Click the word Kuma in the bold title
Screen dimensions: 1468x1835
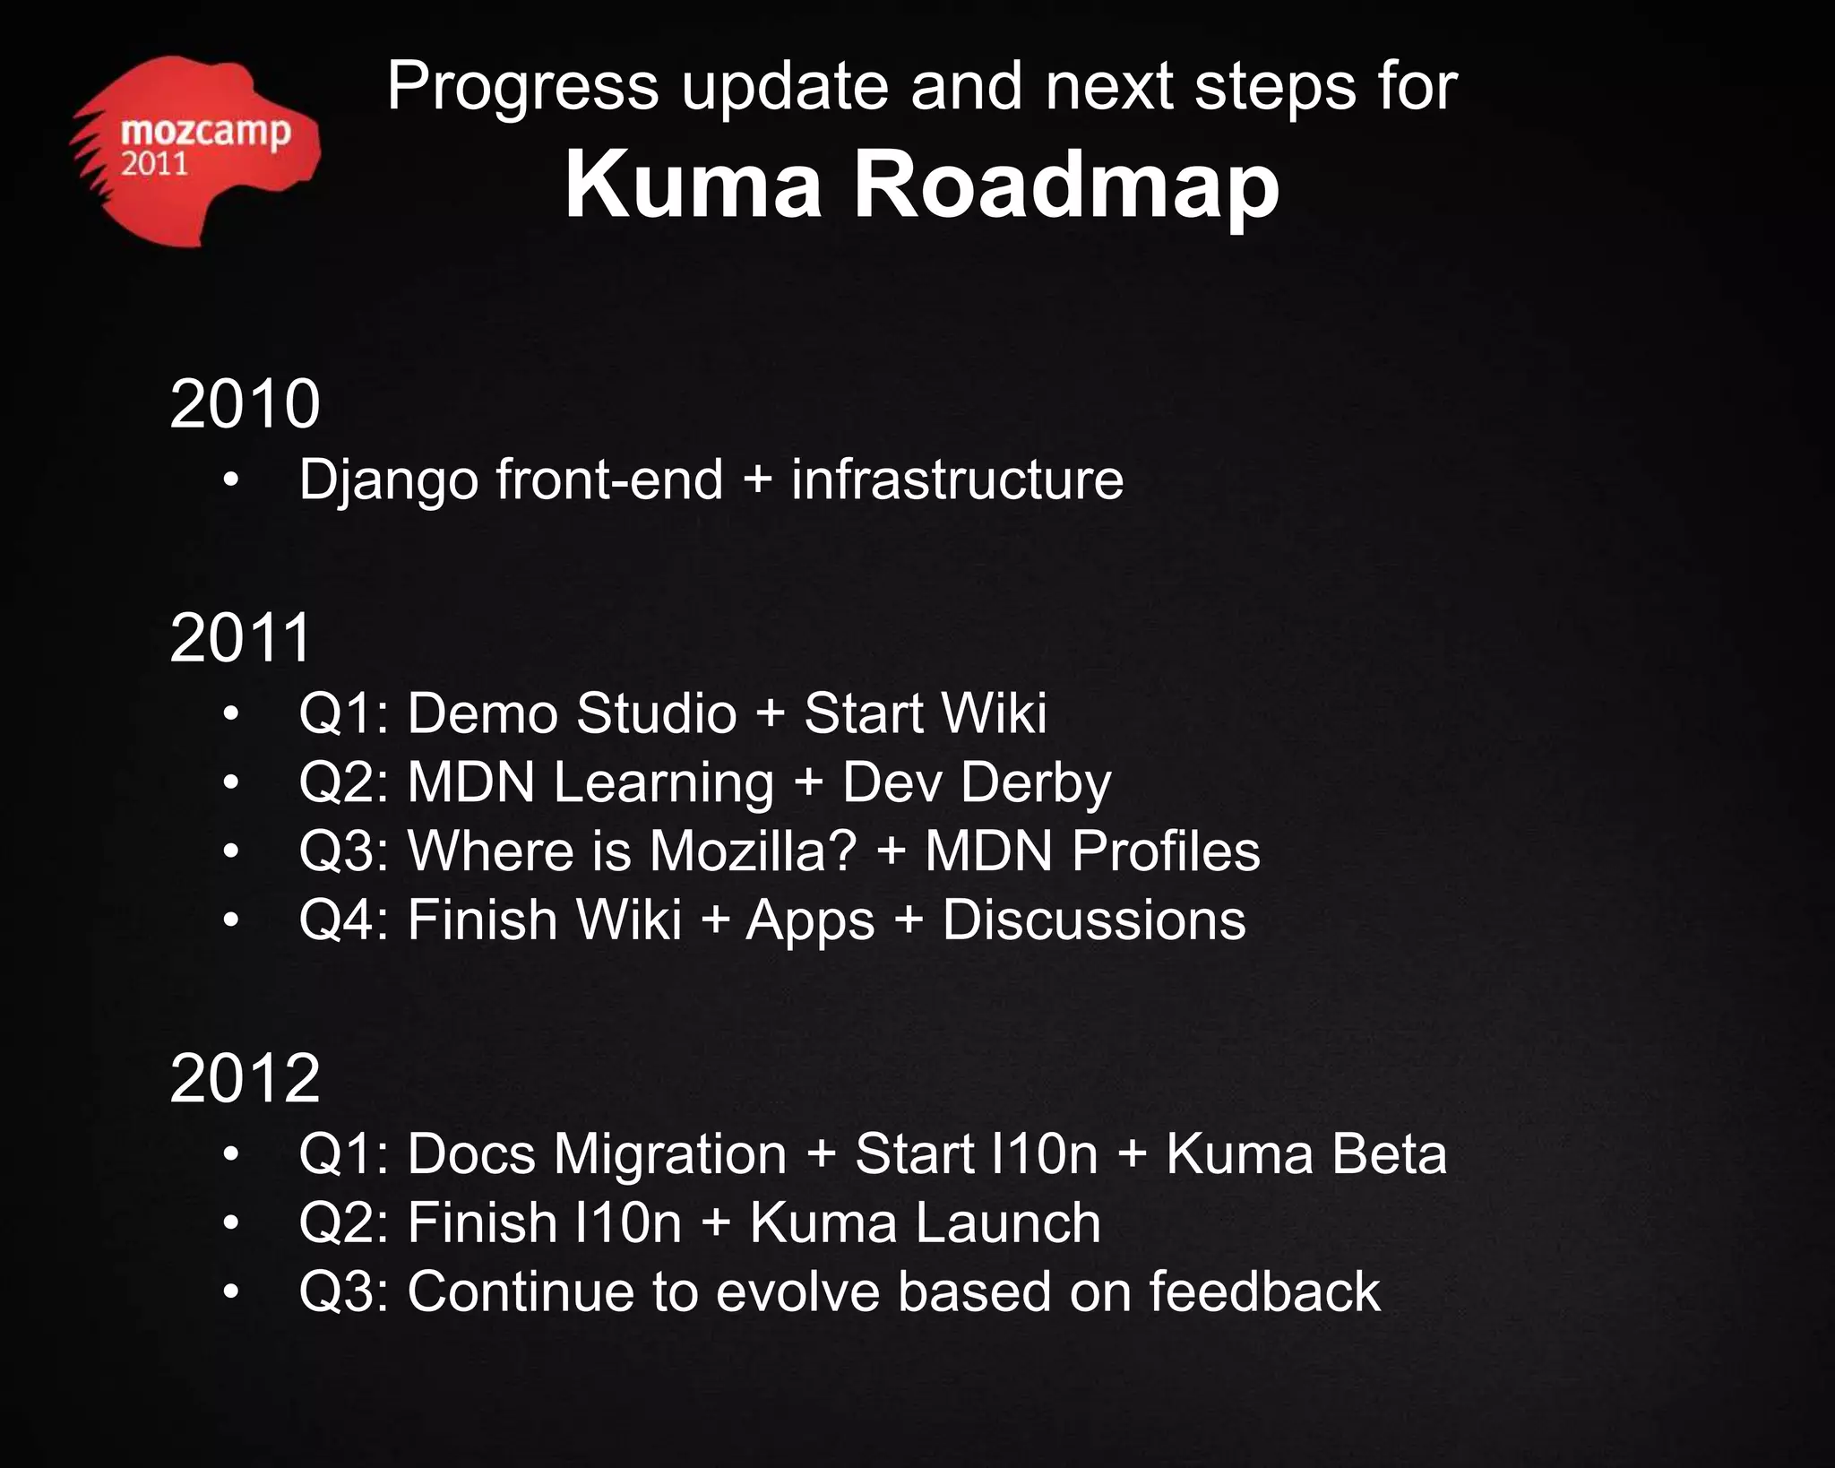[x=693, y=184]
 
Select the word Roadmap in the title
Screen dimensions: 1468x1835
[x=1065, y=184]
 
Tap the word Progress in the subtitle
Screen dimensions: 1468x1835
[x=522, y=87]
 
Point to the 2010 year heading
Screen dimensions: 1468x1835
[x=245, y=404]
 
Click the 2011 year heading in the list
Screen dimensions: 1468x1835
[x=240, y=638]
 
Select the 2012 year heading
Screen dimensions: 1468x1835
[x=245, y=1078]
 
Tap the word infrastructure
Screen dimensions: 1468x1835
[x=956, y=479]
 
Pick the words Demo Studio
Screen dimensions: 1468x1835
[x=572, y=713]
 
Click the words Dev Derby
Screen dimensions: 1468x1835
[x=976, y=783]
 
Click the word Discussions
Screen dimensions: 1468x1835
[x=1093, y=920]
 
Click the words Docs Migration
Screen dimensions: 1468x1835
[x=597, y=1154]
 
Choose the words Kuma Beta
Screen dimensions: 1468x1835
[x=1305, y=1153]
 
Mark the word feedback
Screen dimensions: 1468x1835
[x=1264, y=1291]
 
